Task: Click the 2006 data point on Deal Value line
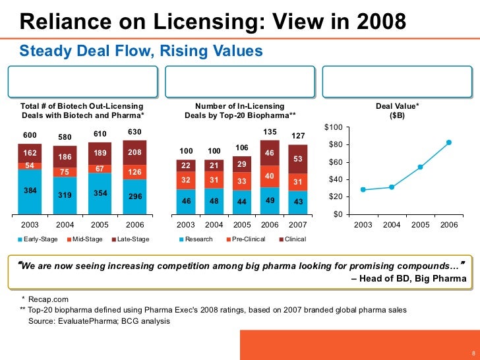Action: (449, 142)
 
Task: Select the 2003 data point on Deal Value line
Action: (363, 190)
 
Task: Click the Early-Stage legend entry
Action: (40, 239)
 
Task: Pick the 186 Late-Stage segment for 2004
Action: (65, 157)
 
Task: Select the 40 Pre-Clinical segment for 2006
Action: (270, 176)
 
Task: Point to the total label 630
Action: (134, 132)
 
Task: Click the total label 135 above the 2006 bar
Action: (270, 132)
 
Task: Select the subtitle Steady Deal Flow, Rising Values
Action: (141, 51)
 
